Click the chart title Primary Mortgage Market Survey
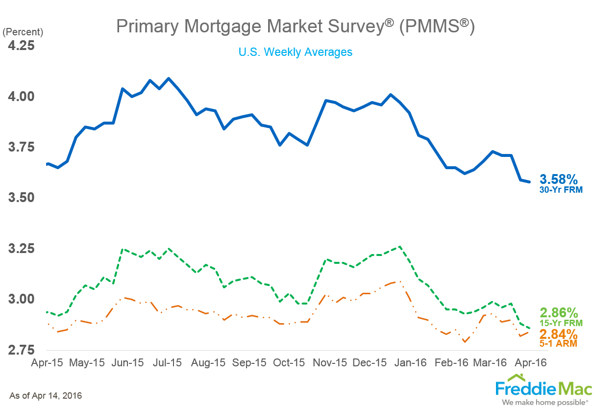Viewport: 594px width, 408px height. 295,26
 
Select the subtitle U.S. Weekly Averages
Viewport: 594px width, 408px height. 295,51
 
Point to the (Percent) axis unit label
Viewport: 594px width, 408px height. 23,32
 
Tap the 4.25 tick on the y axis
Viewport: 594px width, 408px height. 21,45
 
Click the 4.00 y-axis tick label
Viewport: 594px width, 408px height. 21,96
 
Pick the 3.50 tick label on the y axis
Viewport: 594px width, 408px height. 21,198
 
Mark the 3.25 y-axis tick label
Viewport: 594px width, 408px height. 21,249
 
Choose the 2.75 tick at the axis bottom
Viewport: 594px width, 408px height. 21,350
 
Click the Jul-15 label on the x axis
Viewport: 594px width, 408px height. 167,363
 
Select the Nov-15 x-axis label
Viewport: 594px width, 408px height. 330,363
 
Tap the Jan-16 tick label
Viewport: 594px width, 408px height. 411,363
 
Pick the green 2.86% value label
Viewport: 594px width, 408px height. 559,312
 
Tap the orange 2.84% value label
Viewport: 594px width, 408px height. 559,334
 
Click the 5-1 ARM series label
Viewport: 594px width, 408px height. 559,344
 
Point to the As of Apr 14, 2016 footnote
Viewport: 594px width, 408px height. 46,395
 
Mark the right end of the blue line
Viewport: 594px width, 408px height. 529,182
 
